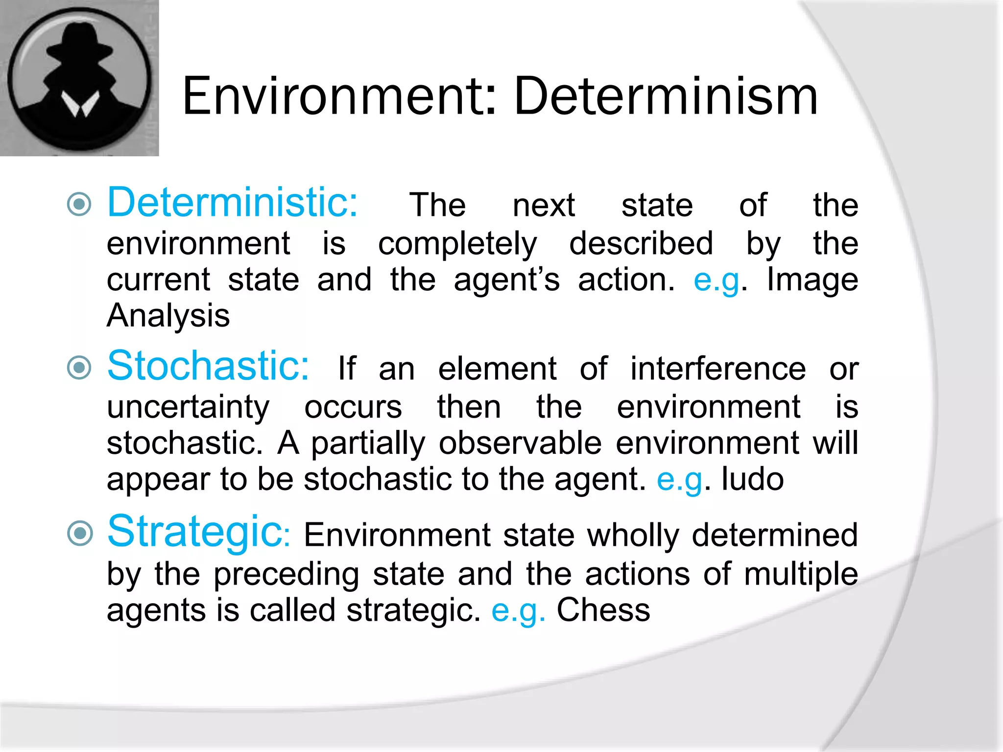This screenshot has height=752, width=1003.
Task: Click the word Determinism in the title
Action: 666,97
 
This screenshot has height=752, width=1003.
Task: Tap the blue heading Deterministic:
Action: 233,203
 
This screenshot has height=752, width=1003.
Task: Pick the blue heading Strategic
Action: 195,532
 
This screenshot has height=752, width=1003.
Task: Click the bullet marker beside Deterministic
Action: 79,204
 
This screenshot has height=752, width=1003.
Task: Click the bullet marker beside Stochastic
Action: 79,368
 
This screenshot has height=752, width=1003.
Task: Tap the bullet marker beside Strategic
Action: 79,533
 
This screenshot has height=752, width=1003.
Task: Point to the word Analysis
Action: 168,315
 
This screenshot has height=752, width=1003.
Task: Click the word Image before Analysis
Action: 812,280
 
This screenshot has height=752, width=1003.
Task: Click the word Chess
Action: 603,611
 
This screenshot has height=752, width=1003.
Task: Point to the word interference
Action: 717,369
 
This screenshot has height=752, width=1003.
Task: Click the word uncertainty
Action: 188,407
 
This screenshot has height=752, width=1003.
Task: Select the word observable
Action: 520,443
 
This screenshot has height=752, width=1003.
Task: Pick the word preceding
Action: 287,574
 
